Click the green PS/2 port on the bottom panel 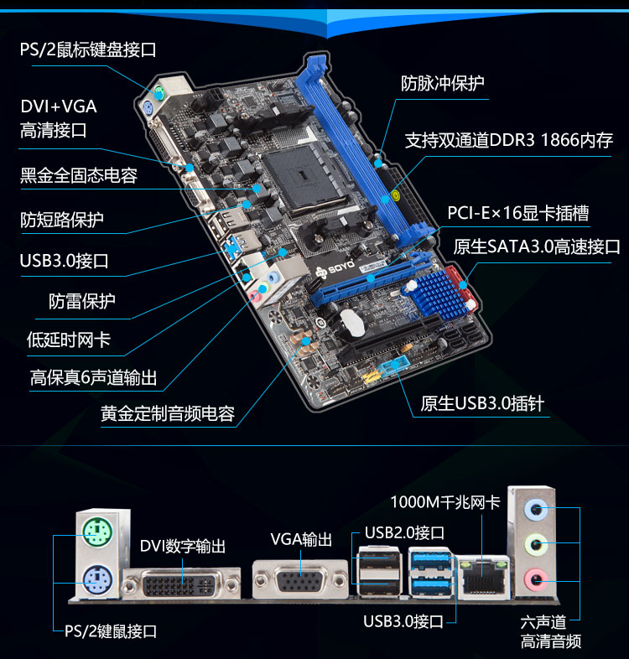(97, 532)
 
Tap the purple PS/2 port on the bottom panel (97, 580)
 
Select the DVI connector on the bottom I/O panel (182, 584)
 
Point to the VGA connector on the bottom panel (300, 581)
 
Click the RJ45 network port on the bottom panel (483, 577)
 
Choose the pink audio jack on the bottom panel (535, 579)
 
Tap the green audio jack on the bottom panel (535, 545)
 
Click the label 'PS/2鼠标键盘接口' (88, 49)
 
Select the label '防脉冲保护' (442, 84)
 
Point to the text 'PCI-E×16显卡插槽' (517, 213)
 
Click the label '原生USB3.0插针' (482, 403)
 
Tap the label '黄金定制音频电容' (168, 413)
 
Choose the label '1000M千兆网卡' (445, 502)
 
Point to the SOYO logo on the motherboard (335, 270)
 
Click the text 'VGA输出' (301, 539)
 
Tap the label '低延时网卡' (69, 340)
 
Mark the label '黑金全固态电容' (79, 175)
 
